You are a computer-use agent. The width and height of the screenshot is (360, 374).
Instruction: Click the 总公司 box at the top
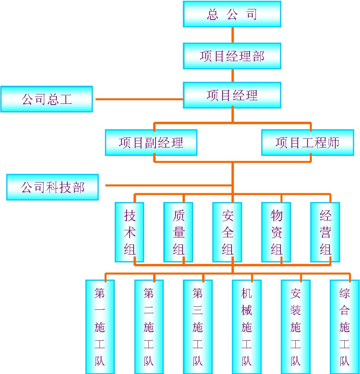[x=232, y=14]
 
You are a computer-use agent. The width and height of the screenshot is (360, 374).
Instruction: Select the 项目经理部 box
[x=232, y=56]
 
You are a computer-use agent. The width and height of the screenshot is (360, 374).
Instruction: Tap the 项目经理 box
[x=232, y=95]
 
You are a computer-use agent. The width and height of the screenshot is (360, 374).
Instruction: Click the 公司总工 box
[x=47, y=99]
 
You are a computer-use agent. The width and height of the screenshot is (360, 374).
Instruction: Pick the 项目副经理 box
[x=151, y=143]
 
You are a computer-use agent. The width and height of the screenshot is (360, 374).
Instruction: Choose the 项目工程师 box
[x=308, y=143]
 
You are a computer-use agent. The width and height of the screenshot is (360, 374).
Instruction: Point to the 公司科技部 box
[x=52, y=187]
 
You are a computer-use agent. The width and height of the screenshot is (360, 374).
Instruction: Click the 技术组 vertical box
[x=129, y=232]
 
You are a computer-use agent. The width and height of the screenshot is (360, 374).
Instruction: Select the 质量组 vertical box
[x=178, y=232]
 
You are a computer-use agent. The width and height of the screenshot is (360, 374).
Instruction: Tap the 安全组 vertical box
[x=227, y=232]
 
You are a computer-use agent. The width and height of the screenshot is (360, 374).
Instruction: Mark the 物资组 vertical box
[x=276, y=232]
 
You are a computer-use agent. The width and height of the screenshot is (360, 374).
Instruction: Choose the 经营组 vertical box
[x=325, y=232]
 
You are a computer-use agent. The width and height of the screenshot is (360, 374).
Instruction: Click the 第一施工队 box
[x=100, y=327]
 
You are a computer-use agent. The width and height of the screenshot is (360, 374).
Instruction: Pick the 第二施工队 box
[x=149, y=327]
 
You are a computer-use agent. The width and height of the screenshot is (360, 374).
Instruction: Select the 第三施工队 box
[x=198, y=327]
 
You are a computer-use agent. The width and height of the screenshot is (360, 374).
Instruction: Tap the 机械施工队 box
[x=246, y=327]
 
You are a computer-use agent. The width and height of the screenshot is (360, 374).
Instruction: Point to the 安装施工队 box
[x=295, y=327]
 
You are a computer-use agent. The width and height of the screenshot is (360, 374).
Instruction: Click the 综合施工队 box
[x=344, y=327]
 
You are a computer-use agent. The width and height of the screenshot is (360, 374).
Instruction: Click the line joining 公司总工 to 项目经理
[x=138, y=99]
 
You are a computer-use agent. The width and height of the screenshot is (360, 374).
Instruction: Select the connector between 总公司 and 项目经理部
[x=232, y=35]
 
